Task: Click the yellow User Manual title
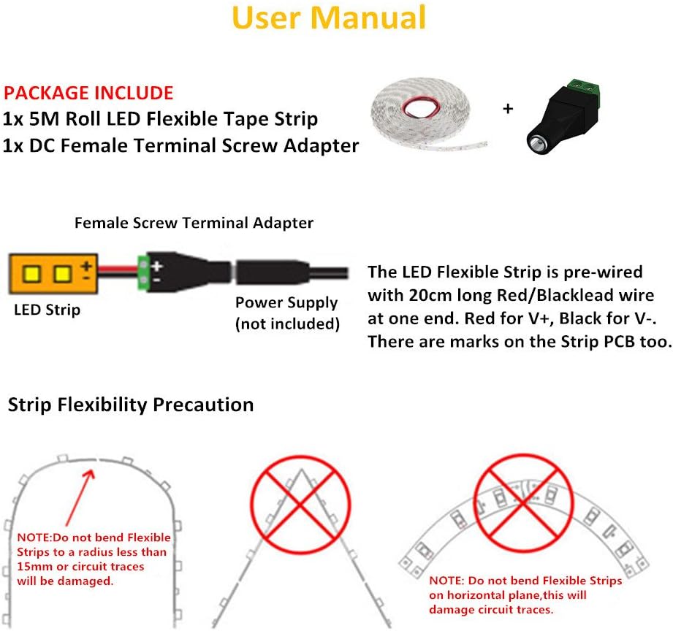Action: click(x=329, y=18)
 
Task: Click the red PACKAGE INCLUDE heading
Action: click(x=88, y=93)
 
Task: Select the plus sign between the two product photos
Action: click(x=508, y=109)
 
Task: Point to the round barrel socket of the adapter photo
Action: click(x=536, y=145)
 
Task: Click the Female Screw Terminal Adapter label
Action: click(x=194, y=223)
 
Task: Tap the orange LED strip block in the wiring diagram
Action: click(x=53, y=274)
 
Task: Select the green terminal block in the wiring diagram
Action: click(x=142, y=272)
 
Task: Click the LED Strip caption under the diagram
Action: click(x=47, y=310)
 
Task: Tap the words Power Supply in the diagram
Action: click(x=286, y=303)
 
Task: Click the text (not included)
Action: click(x=288, y=324)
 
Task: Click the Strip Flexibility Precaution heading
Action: click(x=131, y=405)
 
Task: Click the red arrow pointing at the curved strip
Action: click(x=80, y=497)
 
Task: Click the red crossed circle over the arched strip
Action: click(x=524, y=502)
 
